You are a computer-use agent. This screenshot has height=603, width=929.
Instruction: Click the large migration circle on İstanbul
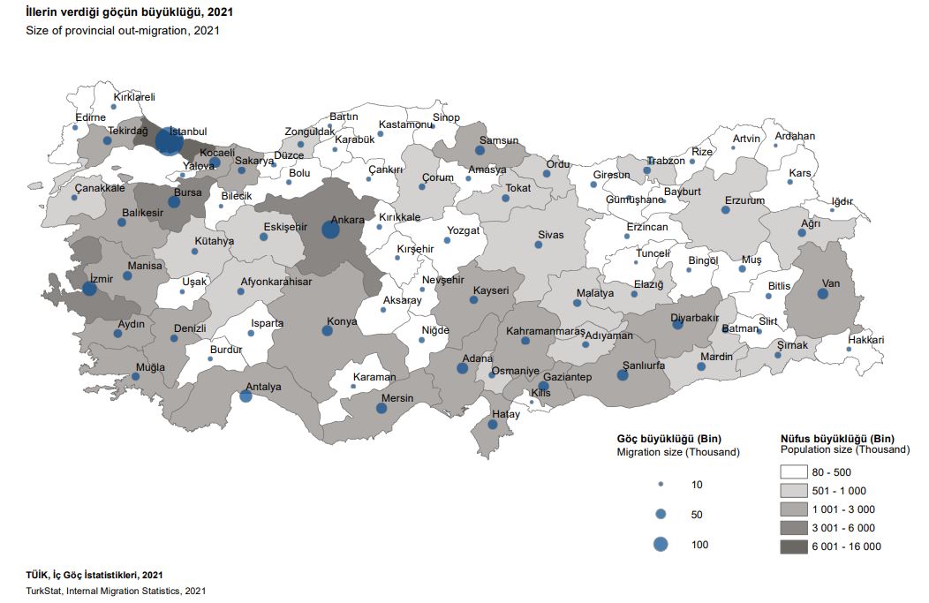(x=169, y=141)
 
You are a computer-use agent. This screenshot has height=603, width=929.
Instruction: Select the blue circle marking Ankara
(x=330, y=230)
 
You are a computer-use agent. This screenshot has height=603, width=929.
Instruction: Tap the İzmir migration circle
(x=89, y=289)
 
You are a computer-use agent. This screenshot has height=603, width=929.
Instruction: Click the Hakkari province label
(x=865, y=340)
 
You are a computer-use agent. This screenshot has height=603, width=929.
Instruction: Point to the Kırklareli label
(x=134, y=97)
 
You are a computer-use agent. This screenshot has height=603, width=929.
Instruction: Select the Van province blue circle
(x=822, y=294)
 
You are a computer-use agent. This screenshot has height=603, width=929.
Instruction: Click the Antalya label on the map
(x=263, y=387)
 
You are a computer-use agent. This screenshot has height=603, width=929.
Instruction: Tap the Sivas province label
(x=550, y=235)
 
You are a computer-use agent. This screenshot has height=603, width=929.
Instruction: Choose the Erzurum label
(x=744, y=200)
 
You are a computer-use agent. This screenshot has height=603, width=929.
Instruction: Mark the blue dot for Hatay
(x=493, y=426)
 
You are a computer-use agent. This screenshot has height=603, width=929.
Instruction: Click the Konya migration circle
(x=328, y=331)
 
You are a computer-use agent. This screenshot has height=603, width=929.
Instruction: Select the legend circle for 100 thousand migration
(x=661, y=545)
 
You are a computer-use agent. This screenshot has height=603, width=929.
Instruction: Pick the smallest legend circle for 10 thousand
(x=661, y=485)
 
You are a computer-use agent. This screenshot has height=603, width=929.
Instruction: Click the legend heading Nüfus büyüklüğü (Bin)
(x=837, y=438)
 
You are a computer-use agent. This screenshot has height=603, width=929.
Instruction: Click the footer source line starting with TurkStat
(x=116, y=591)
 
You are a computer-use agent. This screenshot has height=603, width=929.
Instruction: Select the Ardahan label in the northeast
(x=795, y=136)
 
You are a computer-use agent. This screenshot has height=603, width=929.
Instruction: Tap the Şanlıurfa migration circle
(x=623, y=375)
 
